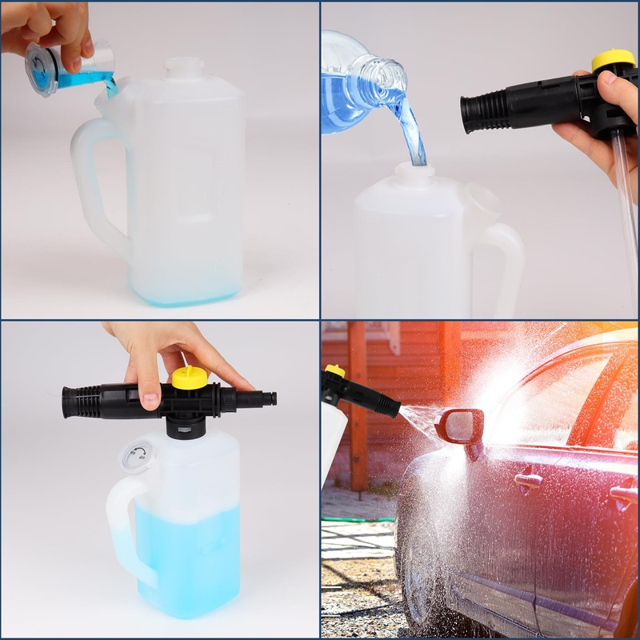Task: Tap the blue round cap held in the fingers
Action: coord(42,69)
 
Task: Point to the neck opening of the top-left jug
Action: coord(186,68)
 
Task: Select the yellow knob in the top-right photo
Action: coord(614,61)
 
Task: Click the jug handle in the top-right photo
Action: coord(503,264)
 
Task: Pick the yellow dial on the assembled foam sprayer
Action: coord(190,377)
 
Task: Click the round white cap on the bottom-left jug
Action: coord(135,457)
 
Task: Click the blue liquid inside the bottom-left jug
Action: coord(192,552)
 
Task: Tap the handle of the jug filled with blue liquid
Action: coord(124,528)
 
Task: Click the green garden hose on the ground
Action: coord(356,519)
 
